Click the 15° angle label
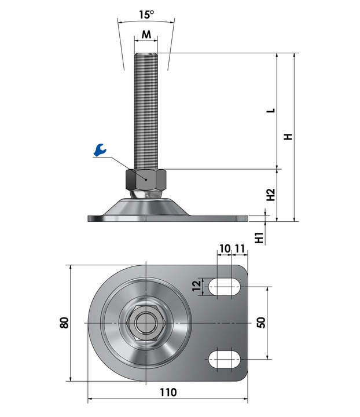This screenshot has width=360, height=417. pos(146,14)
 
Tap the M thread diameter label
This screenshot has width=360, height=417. pos(146,34)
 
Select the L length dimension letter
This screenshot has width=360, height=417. pos(271,111)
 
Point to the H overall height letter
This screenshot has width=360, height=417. pos(288,137)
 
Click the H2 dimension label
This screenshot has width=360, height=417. pos(271,195)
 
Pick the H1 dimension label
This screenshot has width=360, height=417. pos(259,237)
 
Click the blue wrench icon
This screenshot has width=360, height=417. pos(100,150)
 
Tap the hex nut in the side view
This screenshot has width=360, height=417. pos(146,180)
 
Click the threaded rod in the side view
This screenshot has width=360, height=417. pos(146,111)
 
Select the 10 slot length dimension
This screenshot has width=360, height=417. pos(225,249)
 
